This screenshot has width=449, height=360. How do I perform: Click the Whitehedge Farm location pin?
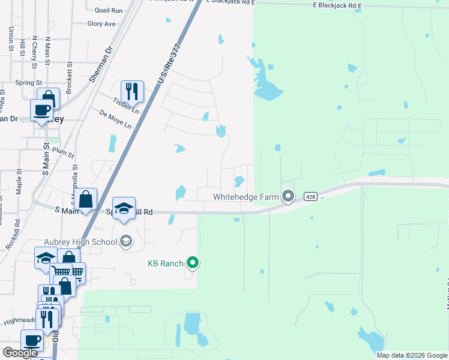pyautogui.click(x=289, y=196)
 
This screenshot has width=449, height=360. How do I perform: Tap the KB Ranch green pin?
pyautogui.click(x=193, y=263)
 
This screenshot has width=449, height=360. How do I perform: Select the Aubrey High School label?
pyautogui.click(x=90, y=242)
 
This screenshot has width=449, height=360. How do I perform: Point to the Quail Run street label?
pyautogui.click(x=109, y=10)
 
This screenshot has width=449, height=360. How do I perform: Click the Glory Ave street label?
pyautogui.click(x=101, y=24)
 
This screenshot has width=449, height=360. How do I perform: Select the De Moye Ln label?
pyautogui.click(x=115, y=118)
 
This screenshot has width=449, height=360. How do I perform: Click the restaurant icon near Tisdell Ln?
pyautogui.click(x=132, y=92)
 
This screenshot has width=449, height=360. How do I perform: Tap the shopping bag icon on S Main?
pyautogui.click(x=86, y=199)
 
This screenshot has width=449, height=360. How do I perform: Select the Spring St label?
pyautogui.click(x=29, y=82)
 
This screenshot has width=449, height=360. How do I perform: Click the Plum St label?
pyautogui.click(x=62, y=150)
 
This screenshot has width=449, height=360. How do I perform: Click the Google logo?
pyautogui.click(x=20, y=353)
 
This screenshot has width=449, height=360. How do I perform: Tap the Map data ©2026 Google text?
pyautogui.click(x=411, y=355)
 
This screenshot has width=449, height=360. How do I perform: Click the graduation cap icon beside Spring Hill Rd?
pyautogui.click(x=124, y=208)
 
